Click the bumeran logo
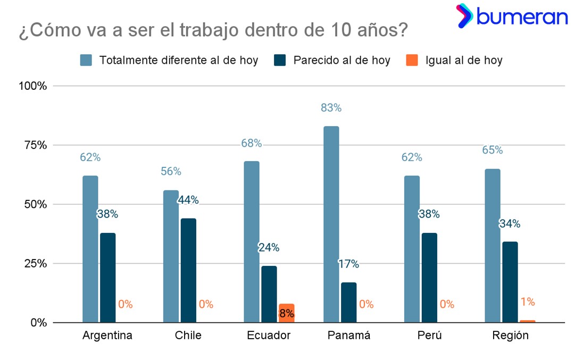pyautogui.click(x=512, y=16)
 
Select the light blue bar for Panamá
pyautogui.click(x=331, y=224)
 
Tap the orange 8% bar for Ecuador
pyautogui.click(x=286, y=313)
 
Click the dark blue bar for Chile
pyautogui.click(x=188, y=270)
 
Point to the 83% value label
pyautogui.click(x=331, y=108)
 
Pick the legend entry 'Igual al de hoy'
pyautogui.click(x=454, y=60)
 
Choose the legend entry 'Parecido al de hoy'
pyautogui.click(x=332, y=60)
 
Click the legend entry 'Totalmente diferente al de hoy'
pyautogui.click(x=169, y=60)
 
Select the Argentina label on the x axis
pyautogui.click(x=107, y=336)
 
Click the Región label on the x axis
pyautogui.click(x=511, y=336)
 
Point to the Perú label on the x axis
pyautogui.click(x=430, y=336)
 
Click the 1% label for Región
pyautogui.click(x=528, y=302)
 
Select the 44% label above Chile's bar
pyautogui.click(x=188, y=200)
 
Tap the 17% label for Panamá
pyautogui.click(x=349, y=264)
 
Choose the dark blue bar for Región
pyautogui.click(x=510, y=282)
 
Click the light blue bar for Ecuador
pyautogui.click(x=252, y=241)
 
